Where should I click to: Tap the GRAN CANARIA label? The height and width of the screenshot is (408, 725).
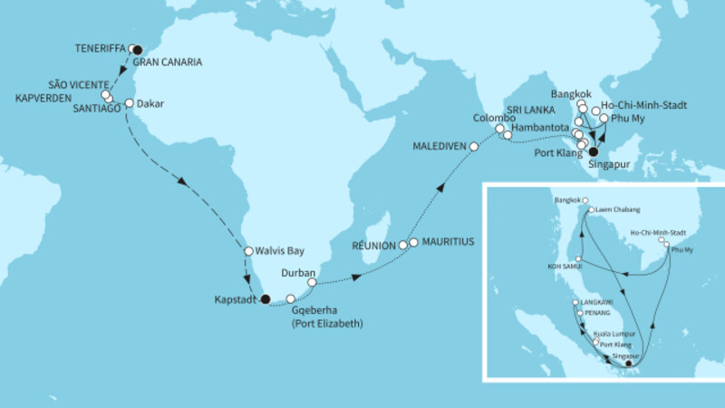(168, 63)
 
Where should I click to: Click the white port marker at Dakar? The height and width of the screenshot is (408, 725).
(129, 102)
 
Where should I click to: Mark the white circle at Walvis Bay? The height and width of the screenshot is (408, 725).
(247, 251)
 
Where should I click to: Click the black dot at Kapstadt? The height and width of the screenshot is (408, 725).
(265, 298)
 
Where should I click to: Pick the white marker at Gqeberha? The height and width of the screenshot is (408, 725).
(290, 298)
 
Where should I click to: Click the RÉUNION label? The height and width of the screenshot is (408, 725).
(374, 246)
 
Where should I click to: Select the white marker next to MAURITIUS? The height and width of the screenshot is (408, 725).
(413, 242)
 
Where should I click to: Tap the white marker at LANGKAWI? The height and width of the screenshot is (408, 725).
(575, 302)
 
